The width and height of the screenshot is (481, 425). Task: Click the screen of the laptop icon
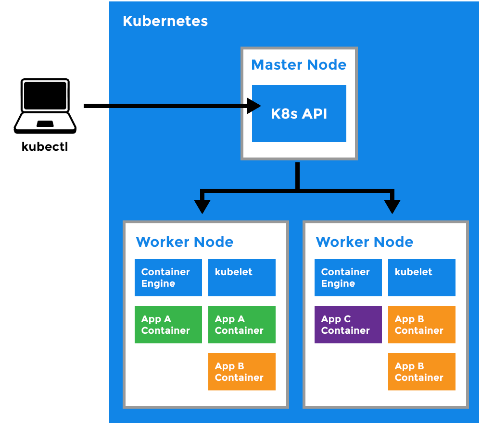(x=45, y=95)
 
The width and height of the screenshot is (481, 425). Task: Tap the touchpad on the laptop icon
(x=45, y=124)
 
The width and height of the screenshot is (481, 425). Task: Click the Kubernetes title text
(x=165, y=21)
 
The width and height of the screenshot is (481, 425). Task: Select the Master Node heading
(x=299, y=65)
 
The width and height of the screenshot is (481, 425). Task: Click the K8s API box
(x=299, y=114)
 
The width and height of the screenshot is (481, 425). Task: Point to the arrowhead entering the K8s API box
(x=253, y=106)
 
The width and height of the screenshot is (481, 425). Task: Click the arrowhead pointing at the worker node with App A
(x=202, y=206)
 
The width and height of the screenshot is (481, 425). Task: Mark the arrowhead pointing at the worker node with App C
(x=392, y=206)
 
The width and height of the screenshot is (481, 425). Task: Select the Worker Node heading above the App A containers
(x=184, y=242)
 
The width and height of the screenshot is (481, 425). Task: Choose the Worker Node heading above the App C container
(x=364, y=242)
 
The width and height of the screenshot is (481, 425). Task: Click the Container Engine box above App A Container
(x=168, y=278)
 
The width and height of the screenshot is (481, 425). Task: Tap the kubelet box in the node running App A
(x=241, y=278)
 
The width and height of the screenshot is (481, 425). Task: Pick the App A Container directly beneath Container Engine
(x=168, y=325)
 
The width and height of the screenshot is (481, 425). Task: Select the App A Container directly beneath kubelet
(x=241, y=325)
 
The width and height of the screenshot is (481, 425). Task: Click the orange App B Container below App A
(x=241, y=372)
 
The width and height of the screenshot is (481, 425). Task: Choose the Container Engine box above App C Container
(x=348, y=278)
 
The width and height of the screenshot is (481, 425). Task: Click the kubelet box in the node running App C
(x=421, y=278)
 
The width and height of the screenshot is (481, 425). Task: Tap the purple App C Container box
(x=348, y=325)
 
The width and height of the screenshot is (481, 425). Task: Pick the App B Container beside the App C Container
(x=421, y=325)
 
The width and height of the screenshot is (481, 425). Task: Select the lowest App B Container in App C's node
(x=421, y=372)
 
